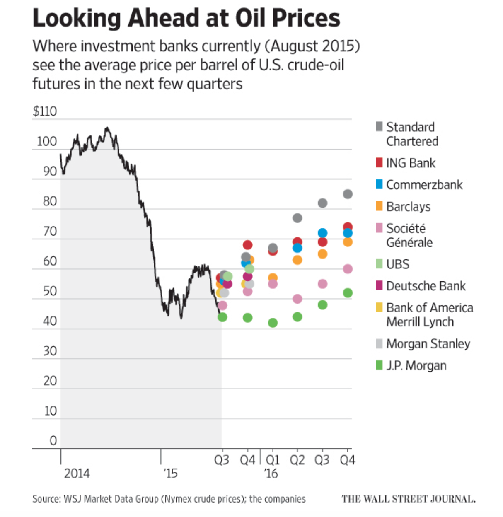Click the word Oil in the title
251,18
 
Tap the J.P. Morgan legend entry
416,365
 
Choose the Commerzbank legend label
424,185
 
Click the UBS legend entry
398,264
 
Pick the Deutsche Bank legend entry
426,286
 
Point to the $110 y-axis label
45,111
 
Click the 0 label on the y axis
53,440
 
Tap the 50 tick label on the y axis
50,291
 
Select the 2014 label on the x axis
77,474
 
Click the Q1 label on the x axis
273,460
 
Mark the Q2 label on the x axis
297,460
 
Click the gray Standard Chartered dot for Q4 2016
348,194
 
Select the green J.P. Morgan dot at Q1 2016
273,323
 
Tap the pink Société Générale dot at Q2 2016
297,299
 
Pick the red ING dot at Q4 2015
248,245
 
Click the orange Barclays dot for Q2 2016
297,260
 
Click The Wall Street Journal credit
408,499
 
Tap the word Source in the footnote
45,499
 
